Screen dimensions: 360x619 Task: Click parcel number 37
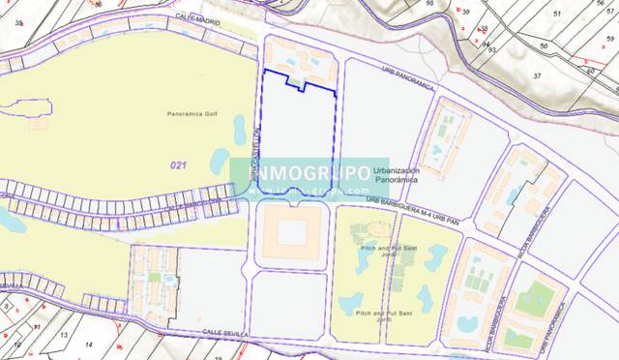point(538,75)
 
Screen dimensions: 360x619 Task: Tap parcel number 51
point(556,14)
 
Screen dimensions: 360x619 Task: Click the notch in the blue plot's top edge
point(304,86)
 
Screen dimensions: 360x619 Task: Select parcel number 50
point(544,45)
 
